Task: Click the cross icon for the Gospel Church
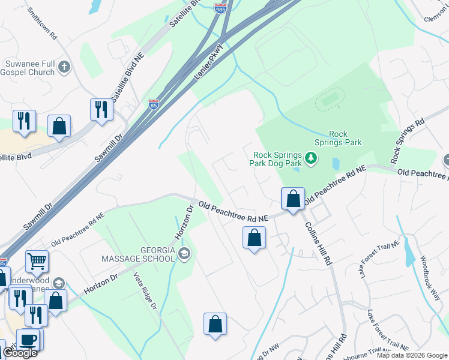pos(65,70)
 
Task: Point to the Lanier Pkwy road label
pos(209,62)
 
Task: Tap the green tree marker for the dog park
pos(310,158)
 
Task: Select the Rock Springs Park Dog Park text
pos(276,158)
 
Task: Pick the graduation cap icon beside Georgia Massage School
pos(184,254)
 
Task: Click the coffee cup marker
pos(28,339)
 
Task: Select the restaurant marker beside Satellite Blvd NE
pos(101,109)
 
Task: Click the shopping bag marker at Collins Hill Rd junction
pos(293,199)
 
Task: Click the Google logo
pos(20,353)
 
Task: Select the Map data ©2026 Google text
pos(412,355)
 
